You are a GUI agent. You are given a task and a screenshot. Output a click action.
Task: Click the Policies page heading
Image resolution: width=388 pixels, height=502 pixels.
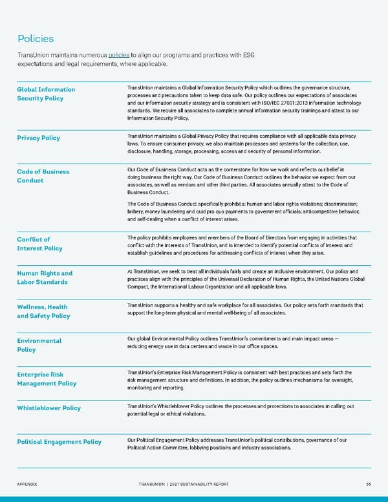[36, 39]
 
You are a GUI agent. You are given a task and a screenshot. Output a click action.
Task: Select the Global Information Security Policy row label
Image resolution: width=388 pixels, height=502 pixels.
[46, 94]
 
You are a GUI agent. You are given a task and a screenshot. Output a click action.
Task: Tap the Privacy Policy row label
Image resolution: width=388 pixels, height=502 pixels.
[39, 138]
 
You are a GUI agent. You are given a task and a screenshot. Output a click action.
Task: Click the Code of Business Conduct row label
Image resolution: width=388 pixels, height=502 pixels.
[43, 176]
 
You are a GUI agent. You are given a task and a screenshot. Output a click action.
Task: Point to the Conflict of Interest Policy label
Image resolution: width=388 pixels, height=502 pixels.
[40, 244]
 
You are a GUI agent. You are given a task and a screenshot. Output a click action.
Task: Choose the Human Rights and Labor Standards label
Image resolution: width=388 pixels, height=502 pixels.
[45, 278]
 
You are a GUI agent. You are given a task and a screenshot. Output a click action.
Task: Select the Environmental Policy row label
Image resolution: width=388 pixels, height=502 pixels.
[39, 345]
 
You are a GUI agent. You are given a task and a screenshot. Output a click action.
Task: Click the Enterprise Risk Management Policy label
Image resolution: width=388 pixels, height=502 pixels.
[47, 378]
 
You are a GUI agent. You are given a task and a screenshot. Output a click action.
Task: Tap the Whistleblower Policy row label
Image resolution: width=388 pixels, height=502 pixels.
[49, 408]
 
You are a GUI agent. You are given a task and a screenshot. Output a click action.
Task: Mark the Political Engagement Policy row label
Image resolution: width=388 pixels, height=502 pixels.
[59, 442]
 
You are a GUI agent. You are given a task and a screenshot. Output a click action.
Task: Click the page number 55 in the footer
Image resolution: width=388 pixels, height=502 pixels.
[367, 483]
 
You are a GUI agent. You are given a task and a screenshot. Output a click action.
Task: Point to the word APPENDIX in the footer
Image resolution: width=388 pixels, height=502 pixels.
[29, 483]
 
